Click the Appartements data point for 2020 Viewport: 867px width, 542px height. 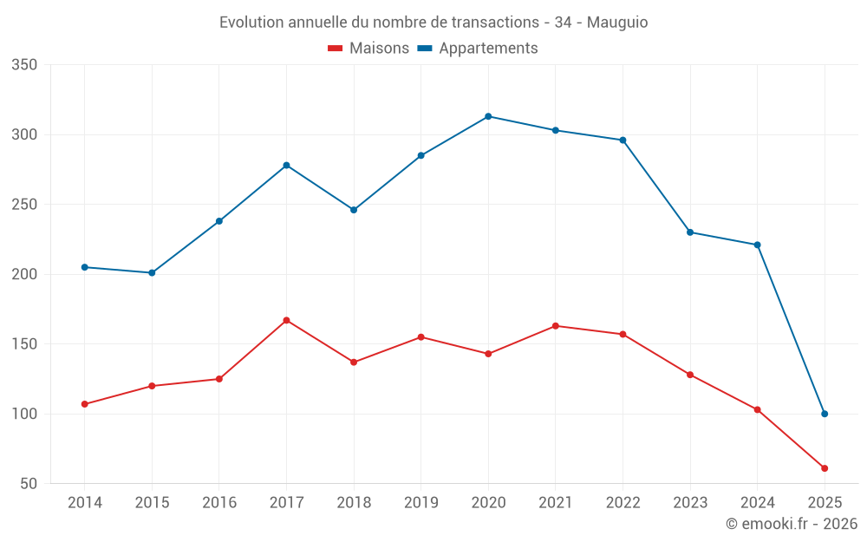[x=488, y=116]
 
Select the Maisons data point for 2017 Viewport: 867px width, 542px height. [x=286, y=320]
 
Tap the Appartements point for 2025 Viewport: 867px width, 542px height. [x=825, y=414]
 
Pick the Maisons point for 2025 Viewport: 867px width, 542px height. [x=825, y=468]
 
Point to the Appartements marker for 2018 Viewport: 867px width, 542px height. [x=354, y=210]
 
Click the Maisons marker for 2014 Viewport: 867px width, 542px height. [x=84, y=404]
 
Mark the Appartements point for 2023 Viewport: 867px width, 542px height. [x=690, y=232]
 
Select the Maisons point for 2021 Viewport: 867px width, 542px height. [x=556, y=326]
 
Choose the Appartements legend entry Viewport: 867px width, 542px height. [x=488, y=49]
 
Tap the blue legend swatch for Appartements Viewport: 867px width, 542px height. [x=425, y=49]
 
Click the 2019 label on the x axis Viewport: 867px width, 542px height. [x=420, y=503]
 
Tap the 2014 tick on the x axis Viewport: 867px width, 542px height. [x=84, y=503]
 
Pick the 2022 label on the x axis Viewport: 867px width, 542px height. [x=623, y=503]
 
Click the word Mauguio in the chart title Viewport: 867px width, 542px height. [x=617, y=23]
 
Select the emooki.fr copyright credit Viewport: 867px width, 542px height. [x=792, y=524]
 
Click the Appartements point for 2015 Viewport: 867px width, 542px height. [x=152, y=272]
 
